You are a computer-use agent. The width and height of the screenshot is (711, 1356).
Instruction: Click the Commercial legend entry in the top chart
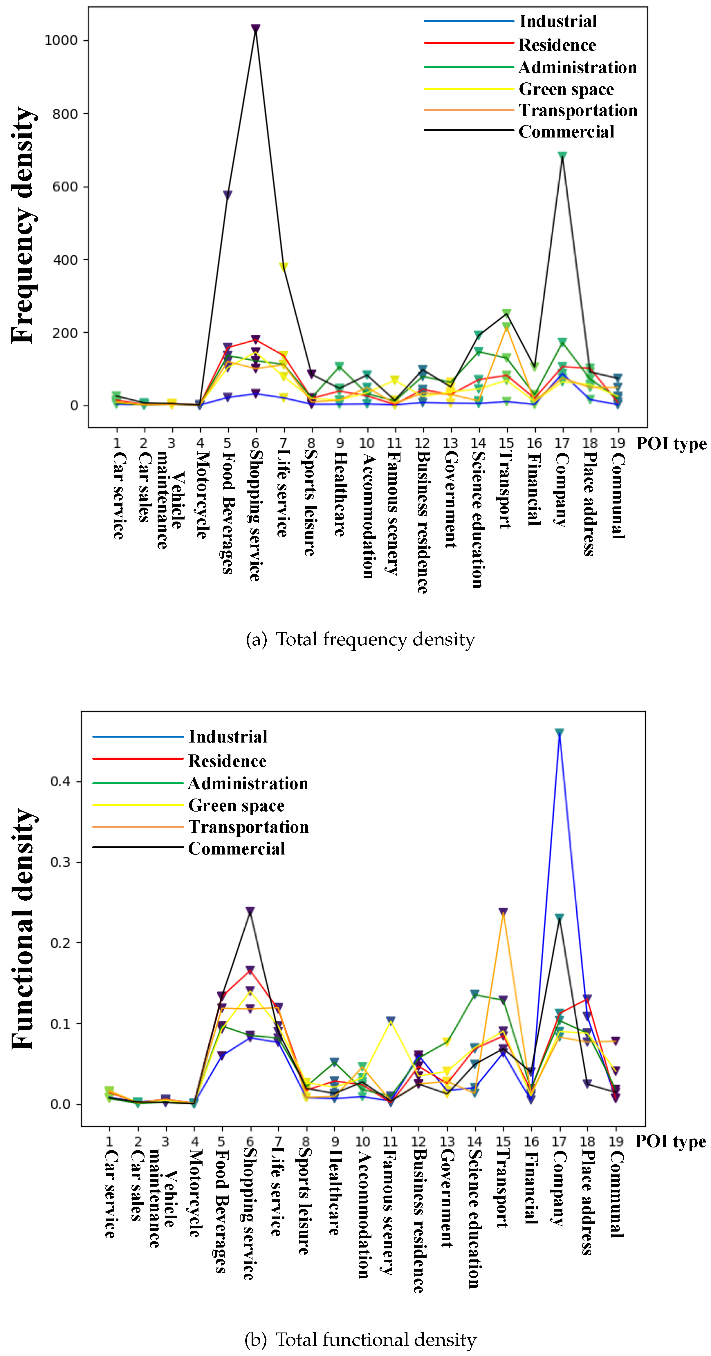(x=566, y=132)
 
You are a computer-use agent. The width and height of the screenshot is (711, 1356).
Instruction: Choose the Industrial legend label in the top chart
(x=558, y=21)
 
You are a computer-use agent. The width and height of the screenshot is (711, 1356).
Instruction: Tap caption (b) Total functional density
(x=360, y=1339)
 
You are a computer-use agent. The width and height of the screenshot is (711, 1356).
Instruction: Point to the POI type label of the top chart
(x=671, y=444)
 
